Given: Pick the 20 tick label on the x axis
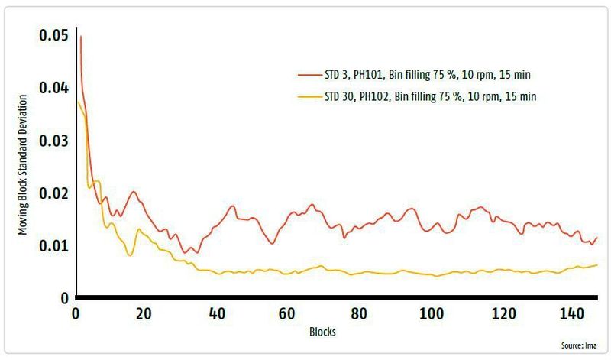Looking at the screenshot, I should [x=146, y=314].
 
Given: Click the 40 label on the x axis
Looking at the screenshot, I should [x=216, y=314].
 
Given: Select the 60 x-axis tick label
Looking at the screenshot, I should [x=287, y=314].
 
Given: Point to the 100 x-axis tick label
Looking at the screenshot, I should [x=432, y=314].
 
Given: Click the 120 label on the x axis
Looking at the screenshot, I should [x=503, y=314].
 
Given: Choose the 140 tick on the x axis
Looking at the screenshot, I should [x=574, y=314].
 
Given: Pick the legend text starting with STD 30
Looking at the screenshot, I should [x=434, y=97].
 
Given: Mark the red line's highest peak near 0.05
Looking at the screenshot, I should [x=80, y=37].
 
